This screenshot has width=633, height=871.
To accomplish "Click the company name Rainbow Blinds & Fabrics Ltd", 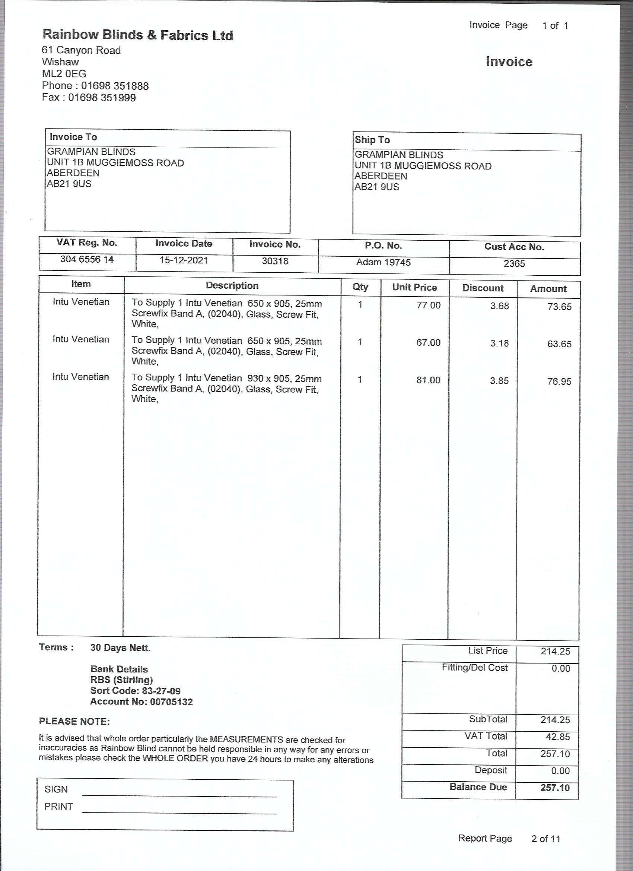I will [137, 35].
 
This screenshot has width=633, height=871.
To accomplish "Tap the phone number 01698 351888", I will [115, 86].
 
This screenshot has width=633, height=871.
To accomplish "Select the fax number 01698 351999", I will [102, 98].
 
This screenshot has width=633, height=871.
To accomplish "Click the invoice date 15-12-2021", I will [184, 260].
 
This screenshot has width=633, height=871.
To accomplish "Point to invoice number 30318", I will [275, 261].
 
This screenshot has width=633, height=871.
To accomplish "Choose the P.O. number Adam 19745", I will [383, 262].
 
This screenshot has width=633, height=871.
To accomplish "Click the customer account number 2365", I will [514, 263].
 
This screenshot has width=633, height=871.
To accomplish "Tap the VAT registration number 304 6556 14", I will [87, 259].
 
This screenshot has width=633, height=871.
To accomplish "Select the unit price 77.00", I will [429, 305].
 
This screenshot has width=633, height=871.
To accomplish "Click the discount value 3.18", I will [499, 343].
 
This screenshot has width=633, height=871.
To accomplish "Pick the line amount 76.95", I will [559, 381].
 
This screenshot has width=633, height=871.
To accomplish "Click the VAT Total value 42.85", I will [557, 737].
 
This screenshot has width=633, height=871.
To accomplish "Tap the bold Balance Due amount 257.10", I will [555, 788].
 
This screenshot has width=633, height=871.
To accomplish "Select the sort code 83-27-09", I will [161, 691].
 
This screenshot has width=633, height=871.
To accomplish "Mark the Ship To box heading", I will [372, 140].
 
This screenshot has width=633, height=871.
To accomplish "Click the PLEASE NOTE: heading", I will [74, 721].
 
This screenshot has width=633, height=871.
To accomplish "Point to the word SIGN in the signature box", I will [56, 789].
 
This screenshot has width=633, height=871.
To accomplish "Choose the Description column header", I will [232, 285].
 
